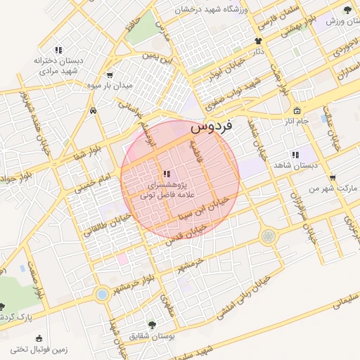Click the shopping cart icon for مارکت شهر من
click(332, 177)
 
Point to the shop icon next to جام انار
click(297, 111)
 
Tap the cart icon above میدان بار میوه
click(109, 75)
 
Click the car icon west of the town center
click(93, 111)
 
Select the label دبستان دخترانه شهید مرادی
click(58, 65)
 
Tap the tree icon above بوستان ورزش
click(347, 10)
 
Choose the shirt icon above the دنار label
click(259, 41)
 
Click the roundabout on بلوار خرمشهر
click(103, 293)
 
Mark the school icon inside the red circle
click(165, 173)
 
